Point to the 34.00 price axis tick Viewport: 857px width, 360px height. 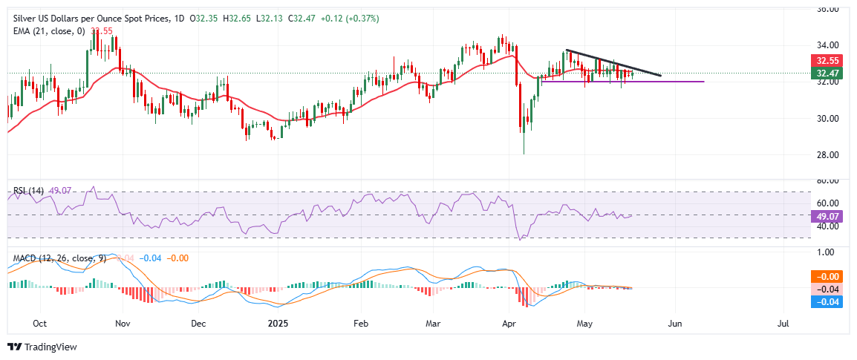tap(827, 45)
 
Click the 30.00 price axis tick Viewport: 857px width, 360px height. tap(827, 118)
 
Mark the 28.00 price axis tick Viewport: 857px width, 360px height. tap(827, 154)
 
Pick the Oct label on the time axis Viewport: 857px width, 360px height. tap(40, 324)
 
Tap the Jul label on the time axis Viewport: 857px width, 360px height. tap(783, 324)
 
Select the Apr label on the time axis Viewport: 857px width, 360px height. tap(509, 324)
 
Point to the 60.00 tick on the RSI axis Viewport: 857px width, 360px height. tap(827, 203)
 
